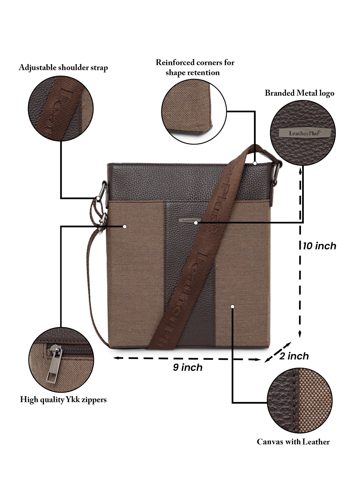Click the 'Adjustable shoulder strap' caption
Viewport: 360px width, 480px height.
pyautogui.click(x=63, y=68)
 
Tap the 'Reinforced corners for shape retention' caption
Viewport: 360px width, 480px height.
pyautogui.click(x=195, y=67)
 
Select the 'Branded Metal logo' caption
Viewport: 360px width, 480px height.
pyautogui.click(x=299, y=93)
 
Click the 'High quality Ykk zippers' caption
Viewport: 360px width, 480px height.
pyautogui.click(x=63, y=400)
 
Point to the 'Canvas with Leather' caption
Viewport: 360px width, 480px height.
pyautogui.click(x=293, y=442)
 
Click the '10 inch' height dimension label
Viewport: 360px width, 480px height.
pyautogui.click(x=319, y=246)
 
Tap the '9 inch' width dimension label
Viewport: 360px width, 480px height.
pyautogui.click(x=187, y=367)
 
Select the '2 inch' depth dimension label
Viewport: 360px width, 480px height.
pyautogui.click(x=294, y=356)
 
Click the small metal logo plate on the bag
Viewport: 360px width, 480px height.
pyautogui.click(x=187, y=220)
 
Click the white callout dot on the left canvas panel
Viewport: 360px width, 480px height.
pyautogui.click(x=124, y=226)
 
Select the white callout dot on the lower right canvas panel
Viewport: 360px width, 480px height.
pyautogui.click(x=232, y=307)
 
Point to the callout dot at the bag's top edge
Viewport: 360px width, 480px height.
pyautogui.click(x=255, y=163)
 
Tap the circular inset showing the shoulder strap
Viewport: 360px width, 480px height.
pyautogui.click(x=61, y=109)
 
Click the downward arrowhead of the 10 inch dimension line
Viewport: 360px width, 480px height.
pyautogui.click(x=300, y=335)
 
